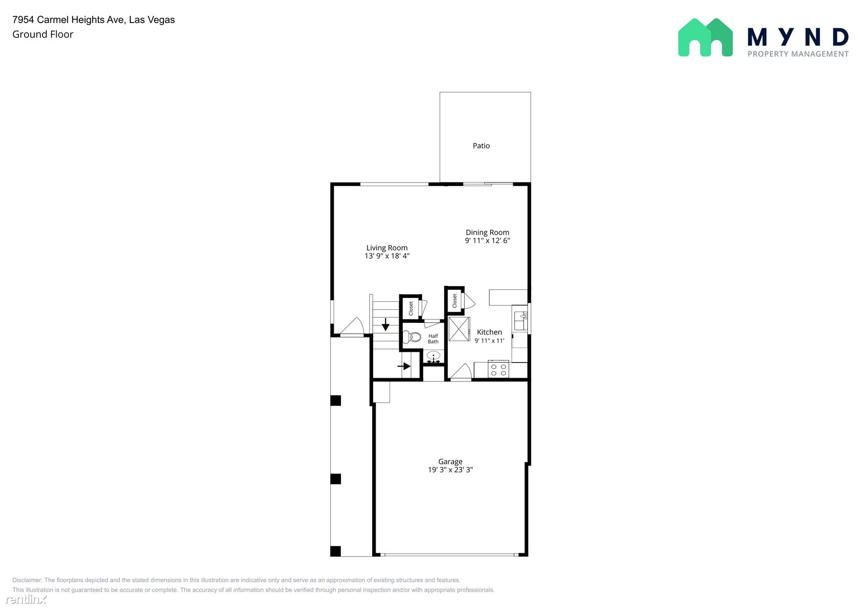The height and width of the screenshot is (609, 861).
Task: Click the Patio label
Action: coord(481,146)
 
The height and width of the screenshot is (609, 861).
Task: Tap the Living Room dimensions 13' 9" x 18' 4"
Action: coord(387,256)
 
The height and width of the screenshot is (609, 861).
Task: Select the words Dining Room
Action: coord(487,232)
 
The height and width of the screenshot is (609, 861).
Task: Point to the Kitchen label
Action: coord(489,332)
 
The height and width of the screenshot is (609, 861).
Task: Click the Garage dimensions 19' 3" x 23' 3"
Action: coord(450,470)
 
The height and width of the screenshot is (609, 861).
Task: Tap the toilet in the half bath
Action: coord(412,337)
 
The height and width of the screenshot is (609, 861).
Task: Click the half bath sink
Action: coord(434,357)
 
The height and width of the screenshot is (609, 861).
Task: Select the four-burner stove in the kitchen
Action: coord(499,370)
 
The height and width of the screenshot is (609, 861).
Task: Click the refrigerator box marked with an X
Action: coord(459,329)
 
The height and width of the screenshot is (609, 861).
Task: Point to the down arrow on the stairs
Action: coord(385,324)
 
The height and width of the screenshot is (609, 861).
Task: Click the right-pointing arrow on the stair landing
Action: coord(404,367)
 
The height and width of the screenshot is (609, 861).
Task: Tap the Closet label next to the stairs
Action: coord(411,308)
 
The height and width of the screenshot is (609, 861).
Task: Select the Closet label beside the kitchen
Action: coord(455,300)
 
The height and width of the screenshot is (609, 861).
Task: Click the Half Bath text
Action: coord(433,339)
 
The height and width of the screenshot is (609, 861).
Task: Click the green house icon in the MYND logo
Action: coord(705,38)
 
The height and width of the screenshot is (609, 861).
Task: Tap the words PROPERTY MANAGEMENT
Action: coord(798,54)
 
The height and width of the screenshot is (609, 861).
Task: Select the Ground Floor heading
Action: coord(43,34)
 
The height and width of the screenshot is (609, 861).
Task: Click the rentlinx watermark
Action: coord(26,599)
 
